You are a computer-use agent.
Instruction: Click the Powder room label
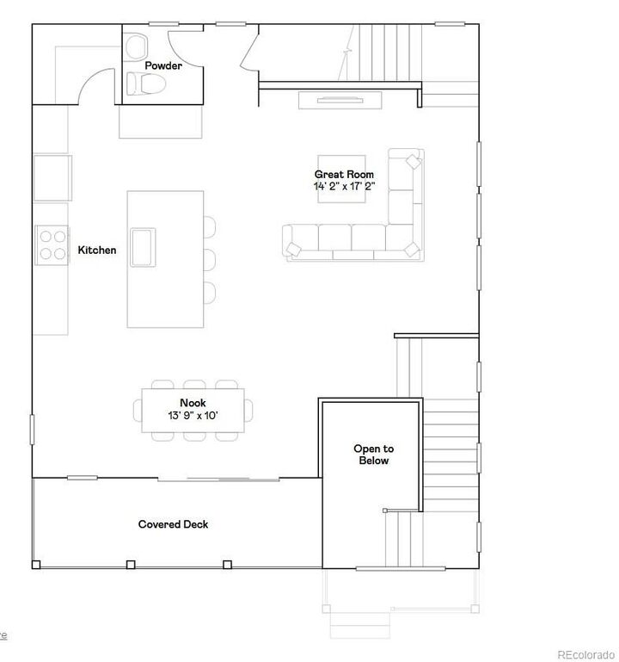[x=162, y=65]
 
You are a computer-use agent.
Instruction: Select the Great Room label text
[x=344, y=175]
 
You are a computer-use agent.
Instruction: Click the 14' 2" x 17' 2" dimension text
[x=344, y=186]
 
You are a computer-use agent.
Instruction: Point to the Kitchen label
[x=97, y=251]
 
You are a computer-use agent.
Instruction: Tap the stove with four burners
[x=51, y=242]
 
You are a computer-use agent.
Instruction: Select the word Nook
[x=193, y=403]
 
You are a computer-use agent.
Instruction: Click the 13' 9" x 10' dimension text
[x=193, y=415]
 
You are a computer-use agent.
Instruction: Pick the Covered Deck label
[x=173, y=524]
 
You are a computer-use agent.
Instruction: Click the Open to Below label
[x=374, y=455]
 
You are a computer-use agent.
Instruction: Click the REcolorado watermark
[x=585, y=653]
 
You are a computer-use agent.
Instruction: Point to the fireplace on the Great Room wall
[x=340, y=101]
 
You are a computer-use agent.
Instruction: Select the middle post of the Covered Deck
[x=131, y=565]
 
